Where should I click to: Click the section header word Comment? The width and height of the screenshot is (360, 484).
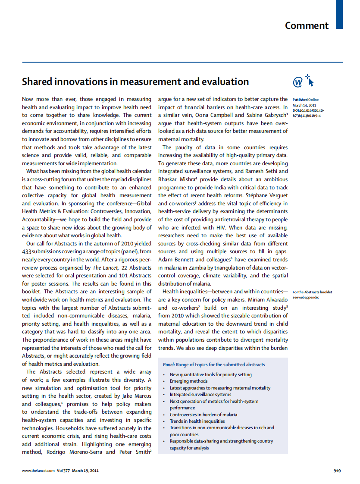[x=307, y=25]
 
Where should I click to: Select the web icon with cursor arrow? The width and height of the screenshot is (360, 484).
[x=303, y=81]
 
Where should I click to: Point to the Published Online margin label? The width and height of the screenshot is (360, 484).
[x=306, y=100]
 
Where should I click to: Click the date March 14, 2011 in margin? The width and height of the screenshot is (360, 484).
[x=304, y=105]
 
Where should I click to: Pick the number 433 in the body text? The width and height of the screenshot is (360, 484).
[x=27, y=251]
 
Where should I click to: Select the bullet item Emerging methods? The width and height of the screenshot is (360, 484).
[x=188, y=381]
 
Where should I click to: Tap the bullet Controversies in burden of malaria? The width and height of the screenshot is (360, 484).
[x=203, y=415]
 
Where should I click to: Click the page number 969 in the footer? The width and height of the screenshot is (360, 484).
[x=337, y=471]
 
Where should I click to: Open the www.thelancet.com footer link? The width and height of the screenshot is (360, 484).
[x=38, y=471]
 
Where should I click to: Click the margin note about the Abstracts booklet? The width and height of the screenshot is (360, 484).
[x=312, y=295]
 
